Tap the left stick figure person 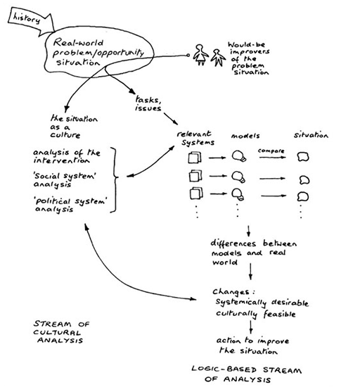202,55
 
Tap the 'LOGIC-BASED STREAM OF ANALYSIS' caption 242,373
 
